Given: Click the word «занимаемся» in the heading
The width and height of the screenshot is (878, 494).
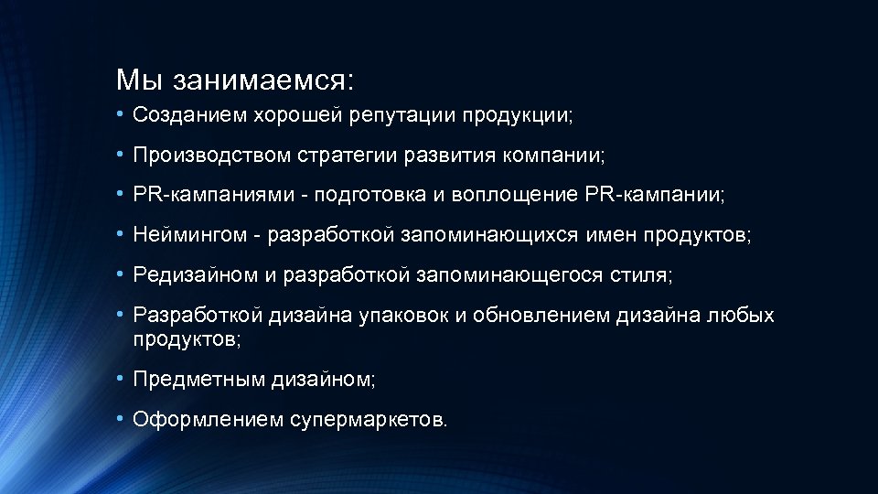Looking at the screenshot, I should (265, 80).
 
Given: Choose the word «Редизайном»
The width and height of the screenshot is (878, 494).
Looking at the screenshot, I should (191, 274).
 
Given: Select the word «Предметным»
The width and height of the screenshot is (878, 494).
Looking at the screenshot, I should (198, 378).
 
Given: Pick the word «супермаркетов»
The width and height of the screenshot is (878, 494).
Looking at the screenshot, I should (369, 419).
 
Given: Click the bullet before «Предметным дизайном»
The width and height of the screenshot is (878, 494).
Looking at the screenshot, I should (122, 377).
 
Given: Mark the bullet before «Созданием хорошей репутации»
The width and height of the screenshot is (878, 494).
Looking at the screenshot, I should (122, 114).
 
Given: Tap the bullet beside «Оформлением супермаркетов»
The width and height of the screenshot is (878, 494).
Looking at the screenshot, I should (122, 418).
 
